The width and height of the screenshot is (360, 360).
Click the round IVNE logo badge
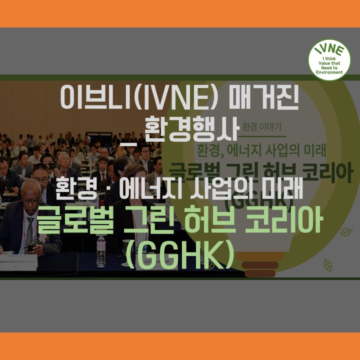(329, 60)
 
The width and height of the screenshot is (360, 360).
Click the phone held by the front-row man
(32, 246)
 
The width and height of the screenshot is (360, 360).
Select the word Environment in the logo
(329, 72)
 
